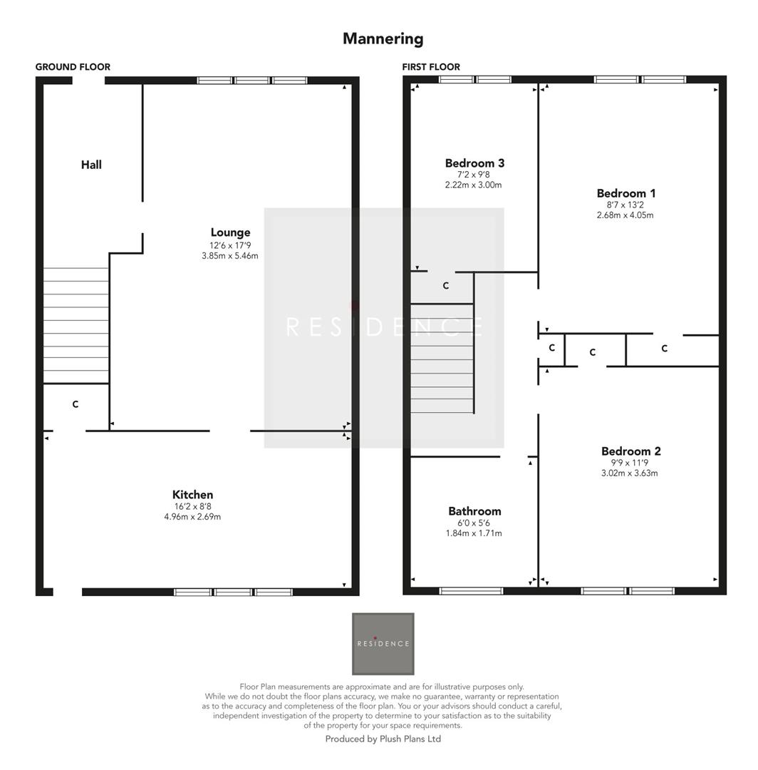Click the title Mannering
pos(383,38)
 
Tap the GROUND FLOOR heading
pos(73,67)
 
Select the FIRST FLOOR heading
pos(431,67)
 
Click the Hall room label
pos(91,165)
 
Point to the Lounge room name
pos(230,232)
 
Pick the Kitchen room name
pos(192,495)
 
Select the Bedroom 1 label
pos(626,193)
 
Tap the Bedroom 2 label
pos(630,451)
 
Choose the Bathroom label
pos(474,511)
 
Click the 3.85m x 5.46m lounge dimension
pos(230,256)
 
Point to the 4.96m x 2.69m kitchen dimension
pos(192,517)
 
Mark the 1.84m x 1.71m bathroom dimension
pos(474,533)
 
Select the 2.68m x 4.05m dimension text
pos(625,215)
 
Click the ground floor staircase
pos(76,325)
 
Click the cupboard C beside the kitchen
pos(76,405)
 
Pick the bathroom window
pos(471,590)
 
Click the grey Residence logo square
pos(383,644)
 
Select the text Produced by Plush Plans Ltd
pos(383,739)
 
